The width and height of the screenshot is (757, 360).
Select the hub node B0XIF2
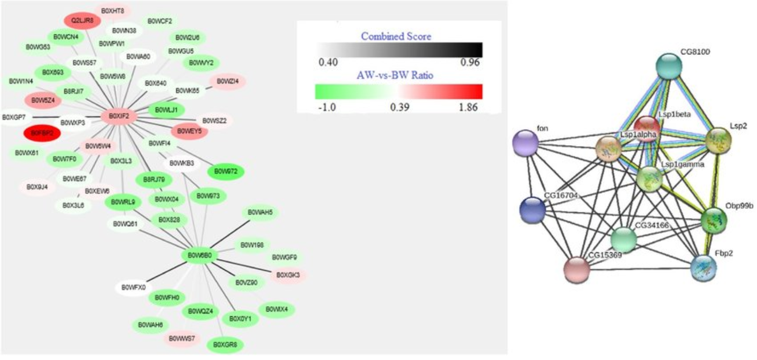point(119,117)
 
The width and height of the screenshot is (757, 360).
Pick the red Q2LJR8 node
point(82,21)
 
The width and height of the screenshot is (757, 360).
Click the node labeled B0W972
point(226,171)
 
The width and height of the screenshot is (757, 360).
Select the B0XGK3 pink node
point(288,275)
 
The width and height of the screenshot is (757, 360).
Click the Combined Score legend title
point(396,36)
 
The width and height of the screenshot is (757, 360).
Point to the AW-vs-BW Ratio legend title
point(396,75)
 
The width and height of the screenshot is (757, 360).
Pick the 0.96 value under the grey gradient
point(470,63)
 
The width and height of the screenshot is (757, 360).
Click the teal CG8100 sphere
point(669,67)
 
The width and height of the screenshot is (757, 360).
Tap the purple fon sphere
point(526,144)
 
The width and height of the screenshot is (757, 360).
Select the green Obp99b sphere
point(714,220)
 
